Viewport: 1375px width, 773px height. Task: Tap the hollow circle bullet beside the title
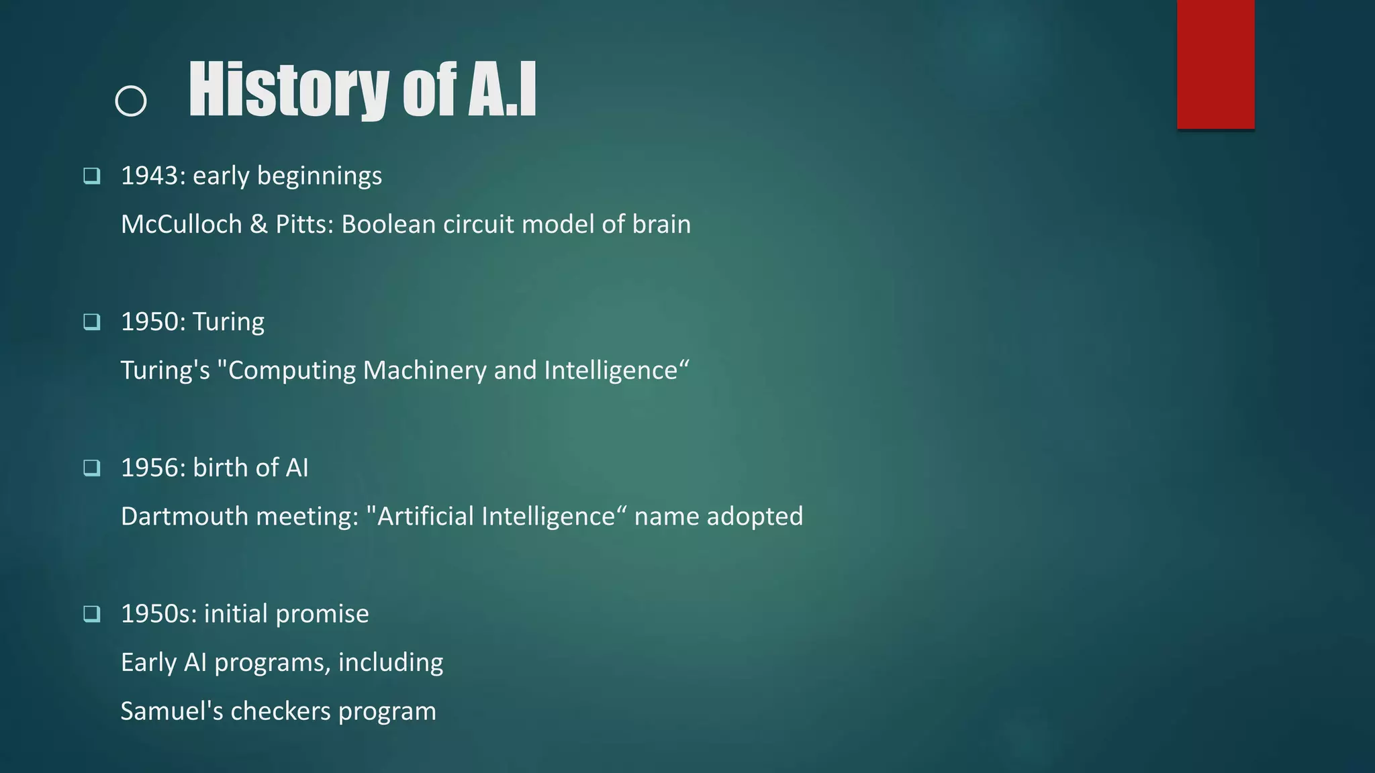pos(131,101)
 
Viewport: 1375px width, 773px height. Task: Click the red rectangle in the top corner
pos(1215,64)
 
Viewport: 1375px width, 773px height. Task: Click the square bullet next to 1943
pos(92,176)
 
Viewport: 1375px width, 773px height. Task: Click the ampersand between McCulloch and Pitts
pos(258,224)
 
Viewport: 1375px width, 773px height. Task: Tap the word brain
pos(661,224)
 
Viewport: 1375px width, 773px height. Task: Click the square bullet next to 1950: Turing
pos(92,321)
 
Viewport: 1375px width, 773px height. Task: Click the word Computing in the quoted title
pos(292,370)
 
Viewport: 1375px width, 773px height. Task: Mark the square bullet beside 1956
pos(92,468)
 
